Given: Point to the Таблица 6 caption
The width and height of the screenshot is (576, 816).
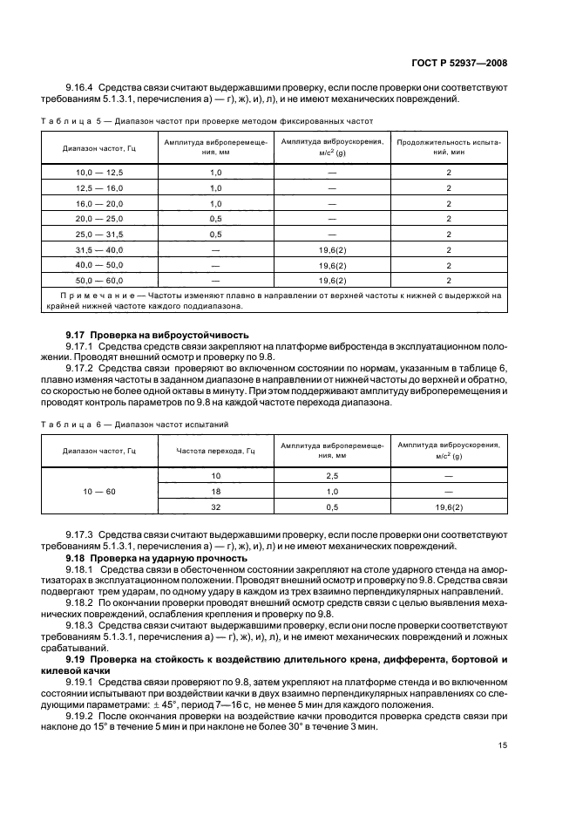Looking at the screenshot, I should point(135,423).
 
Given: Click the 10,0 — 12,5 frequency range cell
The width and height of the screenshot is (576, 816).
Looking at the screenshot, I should point(99,173).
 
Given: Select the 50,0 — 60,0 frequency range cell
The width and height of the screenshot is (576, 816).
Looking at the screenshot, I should point(99,280).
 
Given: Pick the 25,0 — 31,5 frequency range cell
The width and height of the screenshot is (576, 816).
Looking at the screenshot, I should point(99,234).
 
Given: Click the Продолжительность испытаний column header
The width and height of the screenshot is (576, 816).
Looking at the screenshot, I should point(448,145).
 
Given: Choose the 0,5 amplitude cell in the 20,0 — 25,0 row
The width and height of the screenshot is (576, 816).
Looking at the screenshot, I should point(215,219).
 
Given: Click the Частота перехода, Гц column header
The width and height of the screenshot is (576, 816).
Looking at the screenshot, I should point(215,450).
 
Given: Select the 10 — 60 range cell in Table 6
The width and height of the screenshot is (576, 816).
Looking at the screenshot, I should point(99,491).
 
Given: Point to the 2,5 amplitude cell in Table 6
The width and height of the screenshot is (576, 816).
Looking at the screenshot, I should point(332,476).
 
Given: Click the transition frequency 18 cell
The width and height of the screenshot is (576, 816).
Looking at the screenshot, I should point(215,491).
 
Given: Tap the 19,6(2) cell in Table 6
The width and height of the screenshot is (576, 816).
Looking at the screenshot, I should point(448,507).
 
